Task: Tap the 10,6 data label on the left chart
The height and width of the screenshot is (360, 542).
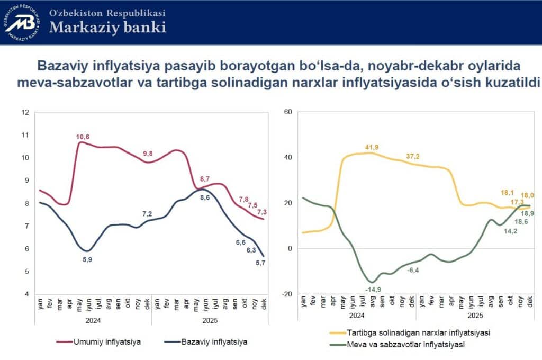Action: point(83,137)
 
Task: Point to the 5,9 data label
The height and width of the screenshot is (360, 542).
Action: point(87,259)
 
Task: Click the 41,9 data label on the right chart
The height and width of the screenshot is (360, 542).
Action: point(373,147)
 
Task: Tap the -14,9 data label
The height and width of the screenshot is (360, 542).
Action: point(373,289)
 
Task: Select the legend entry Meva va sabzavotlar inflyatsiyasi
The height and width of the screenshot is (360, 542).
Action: point(404,345)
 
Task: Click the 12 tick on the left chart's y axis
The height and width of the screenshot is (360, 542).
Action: point(24,112)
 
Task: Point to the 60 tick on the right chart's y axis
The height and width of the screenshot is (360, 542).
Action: point(288,112)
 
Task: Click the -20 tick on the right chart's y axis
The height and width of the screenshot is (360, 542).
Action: point(287,294)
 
